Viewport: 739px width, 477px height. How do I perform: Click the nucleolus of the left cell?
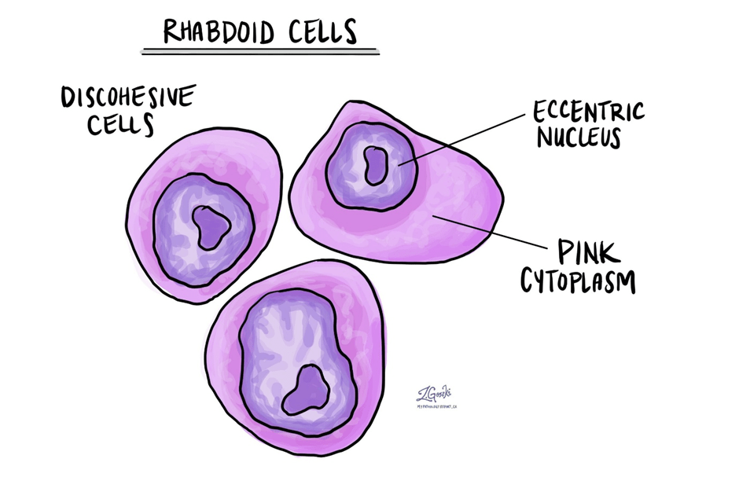[211, 228]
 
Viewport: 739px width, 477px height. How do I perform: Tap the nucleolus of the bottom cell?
[307, 391]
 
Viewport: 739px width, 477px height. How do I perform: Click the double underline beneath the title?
[259, 52]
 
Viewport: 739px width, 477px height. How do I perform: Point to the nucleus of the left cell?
[177, 228]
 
